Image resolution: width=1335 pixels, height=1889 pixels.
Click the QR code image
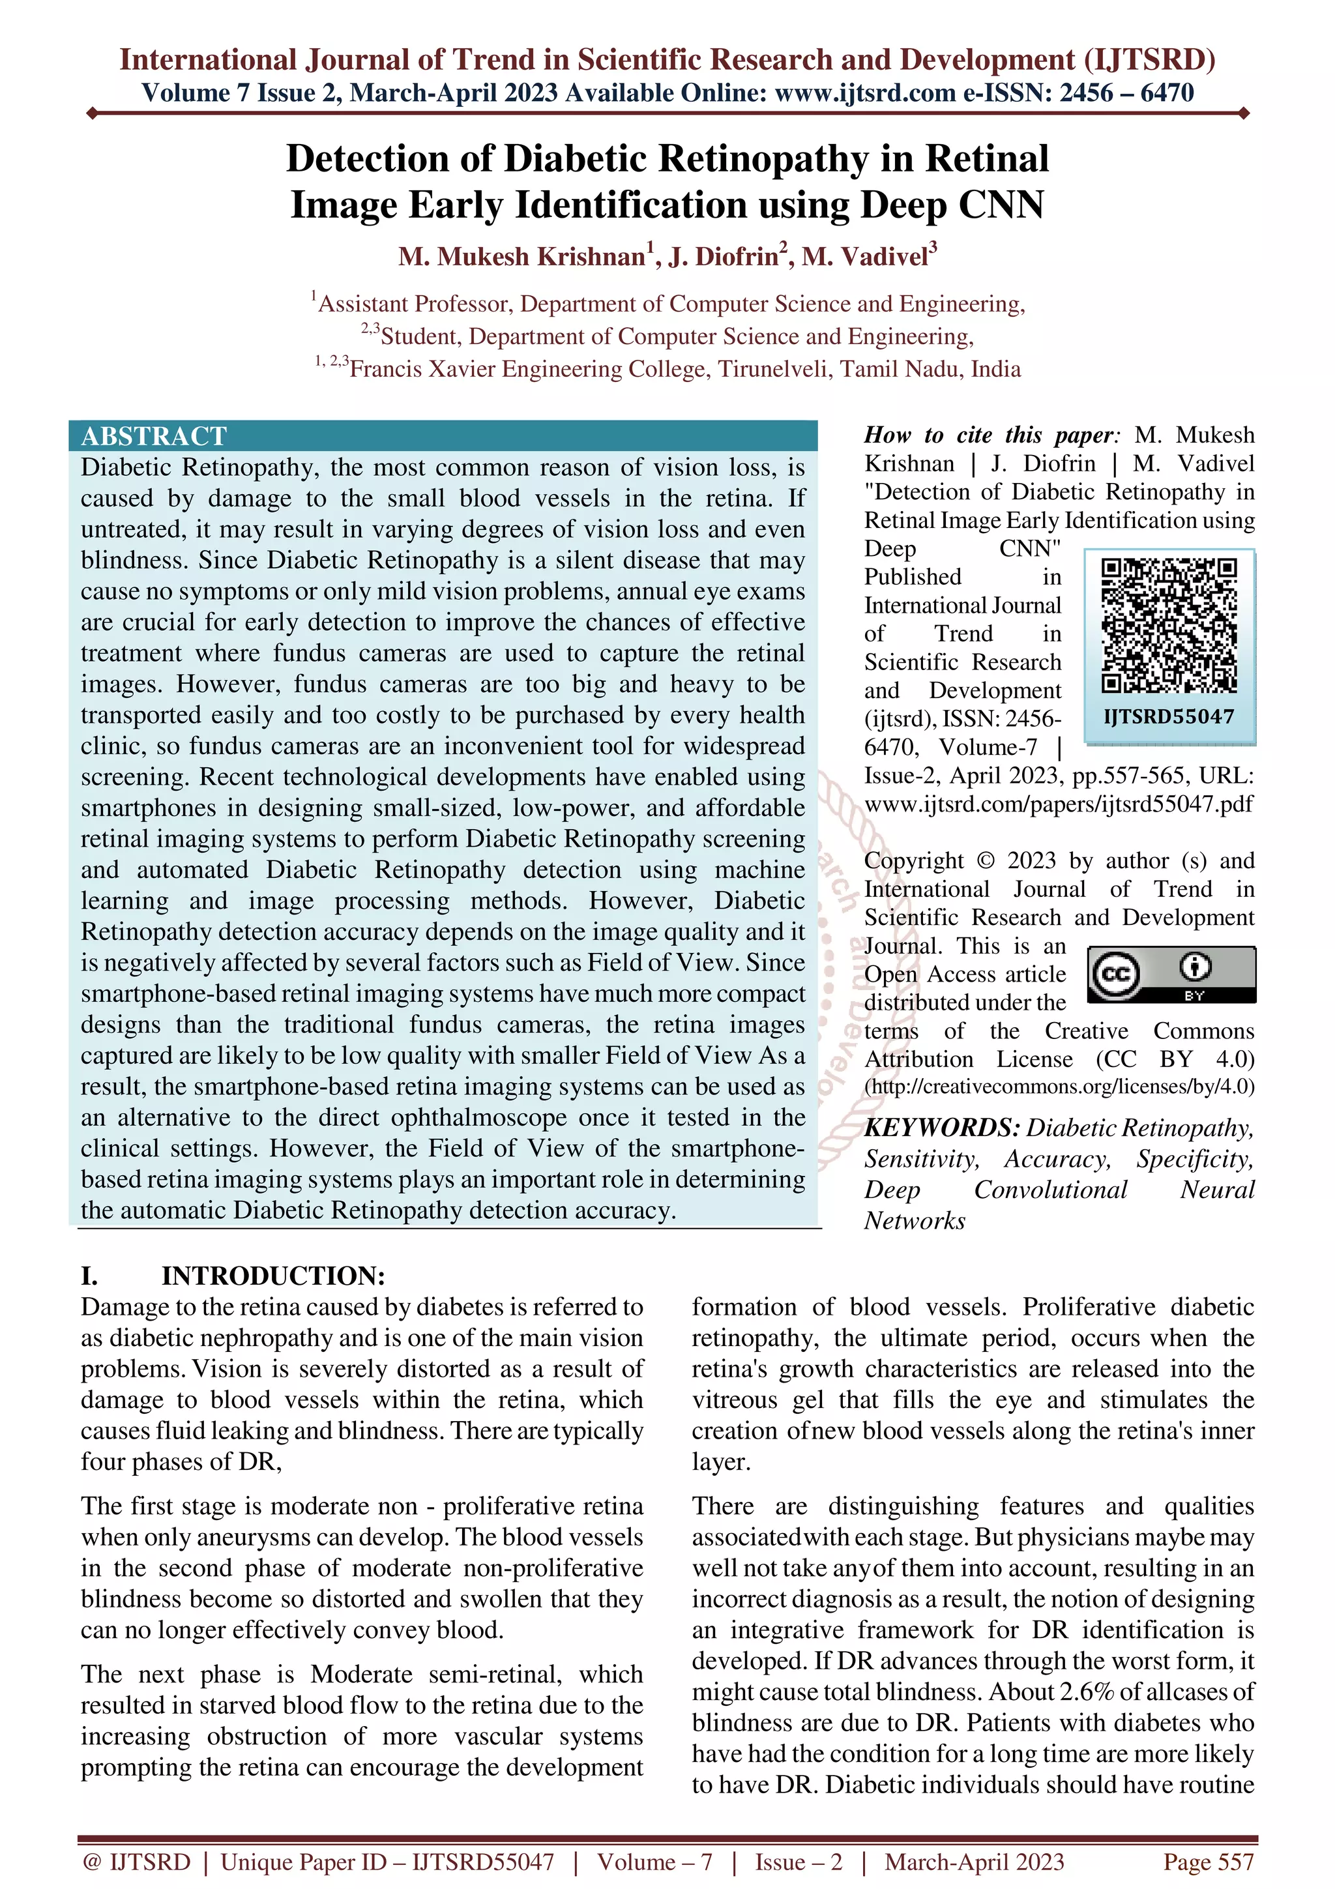pyautogui.click(x=1169, y=625)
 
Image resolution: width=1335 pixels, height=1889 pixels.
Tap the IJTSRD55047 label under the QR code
pyautogui.click(x=1169, y=716)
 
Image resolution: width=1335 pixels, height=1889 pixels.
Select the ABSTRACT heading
pyautogui.click(x=154, y=436)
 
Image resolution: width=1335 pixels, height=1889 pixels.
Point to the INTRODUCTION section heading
pyautogui.click(x=273, y=1276)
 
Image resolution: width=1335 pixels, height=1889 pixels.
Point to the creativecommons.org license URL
pyautogui.click(x=1059, y=1087)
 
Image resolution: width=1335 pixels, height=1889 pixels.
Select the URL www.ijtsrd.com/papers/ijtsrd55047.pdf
pyautogui.click(x=1059, y=804)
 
